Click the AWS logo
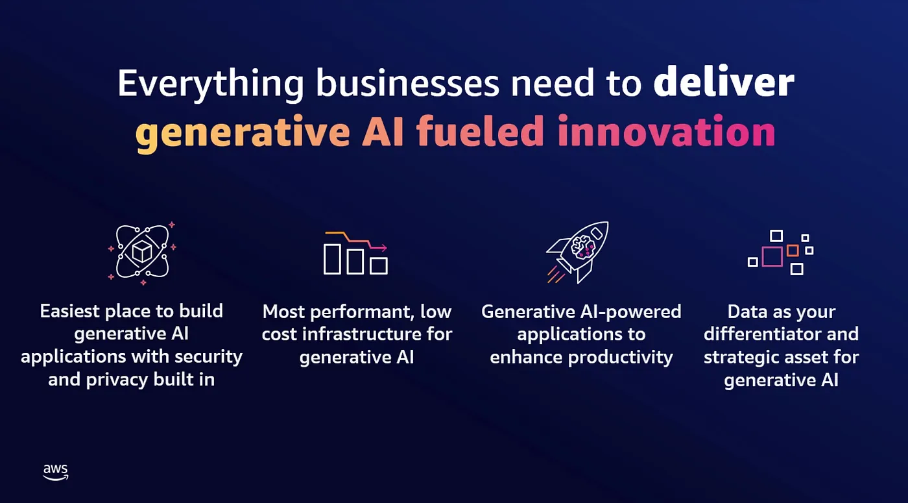[x=56, y=472]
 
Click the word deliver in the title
[x=724, y=82]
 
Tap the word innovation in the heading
[x=667, y=130]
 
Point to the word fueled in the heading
[x=480, y=130]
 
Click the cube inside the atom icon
[x=142, y=251]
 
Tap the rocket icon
[x=577, y=252]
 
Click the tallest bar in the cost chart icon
[x=332, y=259]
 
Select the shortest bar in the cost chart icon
[x=379, y=265]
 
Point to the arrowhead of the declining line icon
[x=383, y=247]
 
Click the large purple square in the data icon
[x=772, y=256]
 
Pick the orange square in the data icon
[x=793, y=251]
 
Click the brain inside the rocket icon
[x=583, y=247]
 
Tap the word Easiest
[x=70, y=311]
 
